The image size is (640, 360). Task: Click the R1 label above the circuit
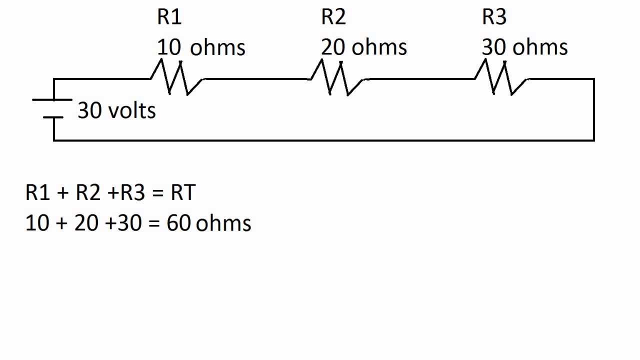click(x=169, y=17)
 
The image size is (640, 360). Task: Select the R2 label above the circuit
click(x=333, y=17)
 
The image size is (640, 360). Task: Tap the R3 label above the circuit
click(x=494, y=17)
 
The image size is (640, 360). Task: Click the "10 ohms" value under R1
click(x=201, y=48)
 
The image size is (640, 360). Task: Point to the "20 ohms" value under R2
click(x=363, y=47)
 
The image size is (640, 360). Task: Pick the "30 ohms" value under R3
click(x=524, y=47)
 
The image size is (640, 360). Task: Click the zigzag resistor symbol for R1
click(x=177, y=78)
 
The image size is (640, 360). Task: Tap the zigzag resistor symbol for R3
click(x=501, y=78)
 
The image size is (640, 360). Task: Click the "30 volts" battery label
click(x=116, y=110)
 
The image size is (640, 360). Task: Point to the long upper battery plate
click(x=52, y=100)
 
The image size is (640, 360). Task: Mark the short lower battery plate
click(x=53, y=117)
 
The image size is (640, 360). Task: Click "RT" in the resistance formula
click(x=182, y=192)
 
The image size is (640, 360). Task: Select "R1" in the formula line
click(x=38, y=192)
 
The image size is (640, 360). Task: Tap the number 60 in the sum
click(x=178, y=223)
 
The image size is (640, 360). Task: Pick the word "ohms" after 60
click(x=223, y=223)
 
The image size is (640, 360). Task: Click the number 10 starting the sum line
click(x=37, y=223)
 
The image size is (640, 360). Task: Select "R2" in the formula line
click(x=88, y=192)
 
